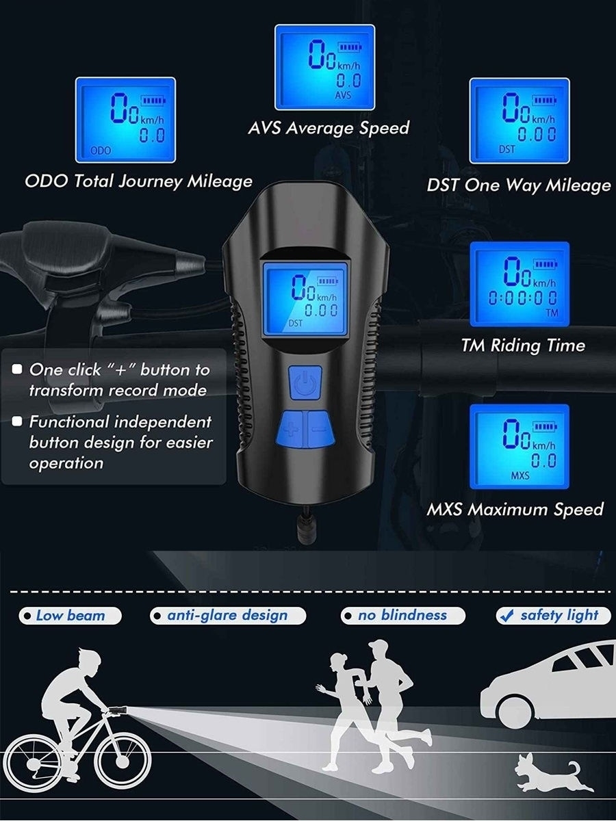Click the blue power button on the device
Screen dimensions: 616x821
pos(305,382)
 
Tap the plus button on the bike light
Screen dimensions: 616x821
pos(292,429)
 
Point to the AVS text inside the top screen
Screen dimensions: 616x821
pos(343,95)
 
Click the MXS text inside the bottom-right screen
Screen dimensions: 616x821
pos(520,475)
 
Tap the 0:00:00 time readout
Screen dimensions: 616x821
pos(522,299)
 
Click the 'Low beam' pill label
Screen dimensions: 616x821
pos(70,616)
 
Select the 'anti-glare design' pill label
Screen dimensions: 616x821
pos(227,616)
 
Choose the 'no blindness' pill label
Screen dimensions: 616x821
pos(403,616)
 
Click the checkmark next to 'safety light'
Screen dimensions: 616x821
pos(506,616)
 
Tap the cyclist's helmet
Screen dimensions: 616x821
pos(90,660)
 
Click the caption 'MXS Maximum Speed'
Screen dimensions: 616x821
pos(515,510)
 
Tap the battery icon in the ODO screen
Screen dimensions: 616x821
pos(153,100)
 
